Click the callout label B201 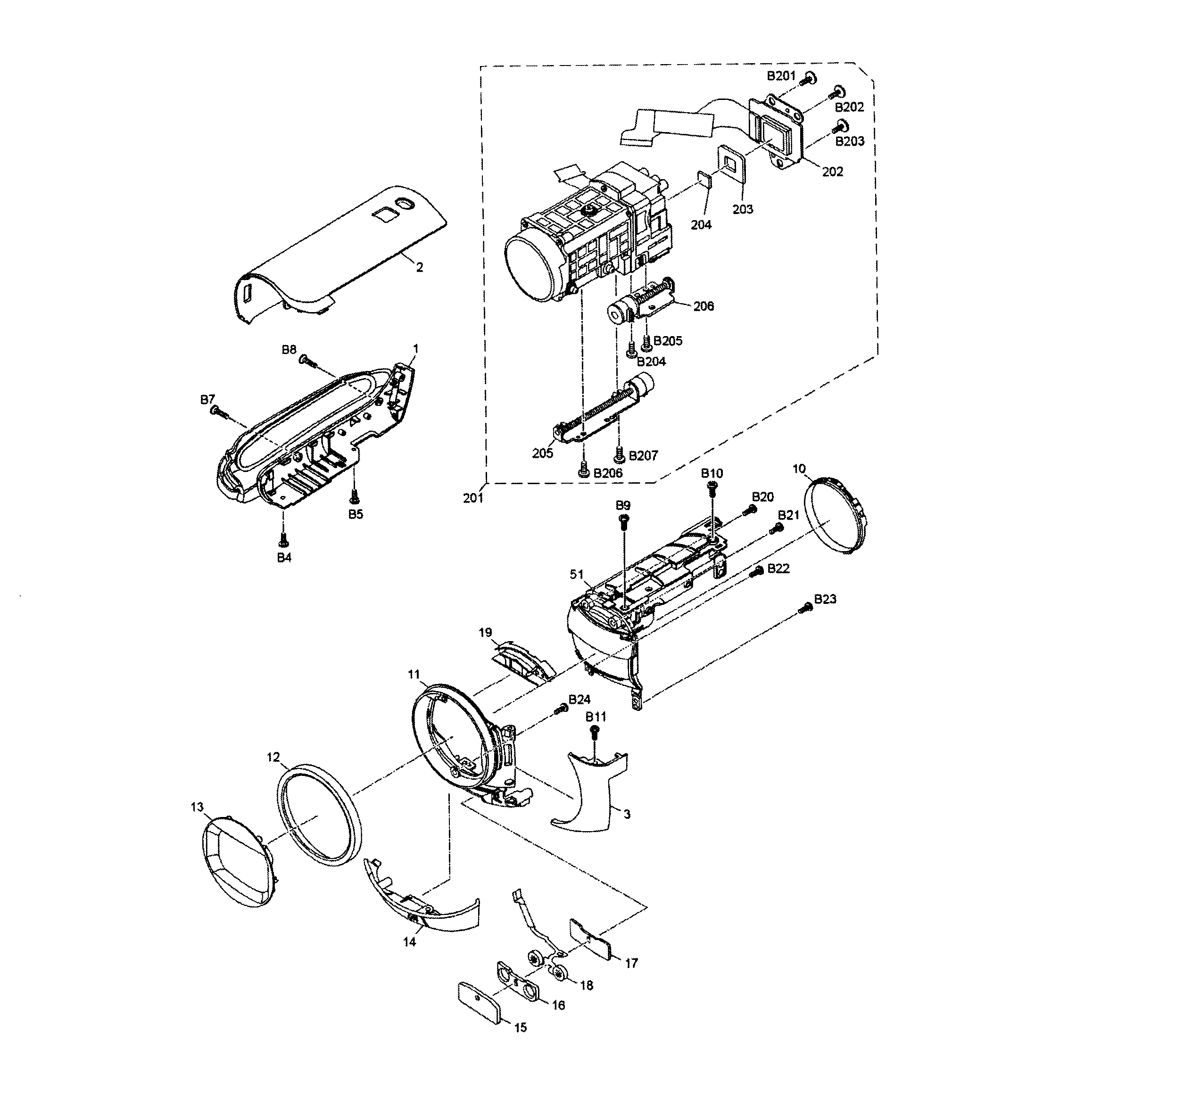tap(780, 76)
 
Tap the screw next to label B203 tap(842, 125)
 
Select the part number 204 tap(701, 224)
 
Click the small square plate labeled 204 tap(704, 179)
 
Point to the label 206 tap(703, 306)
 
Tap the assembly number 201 tap(473, 498)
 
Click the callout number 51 tap(577, 574)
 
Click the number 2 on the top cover tap(420, 267)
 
